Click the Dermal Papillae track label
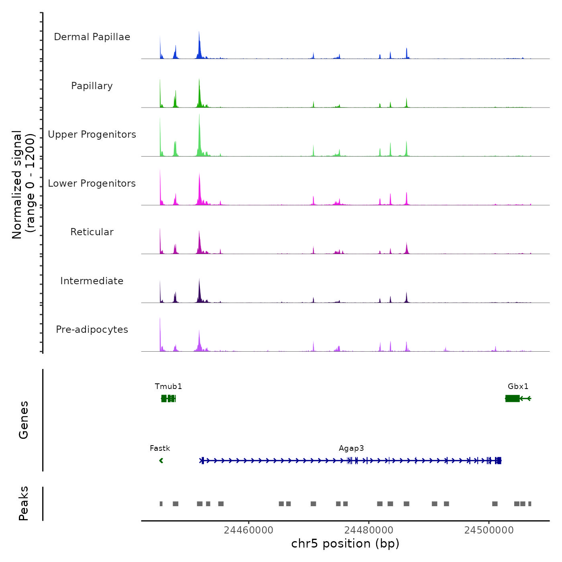point(92,37)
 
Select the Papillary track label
point(92,86)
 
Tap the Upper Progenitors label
point(92,134)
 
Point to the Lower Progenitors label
point(92,183)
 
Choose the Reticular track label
point(92,232)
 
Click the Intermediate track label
point(92,281)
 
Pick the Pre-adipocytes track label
point(92,330)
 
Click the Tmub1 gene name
point(169,387)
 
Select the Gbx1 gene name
point(518,387)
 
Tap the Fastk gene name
point(160,448)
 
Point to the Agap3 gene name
point(351,448)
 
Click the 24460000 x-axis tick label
point(248,530)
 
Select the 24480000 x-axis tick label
point(369,530)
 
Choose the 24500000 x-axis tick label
point(489,530)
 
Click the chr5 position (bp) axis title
point(345,544)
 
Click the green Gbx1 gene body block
point(512,398)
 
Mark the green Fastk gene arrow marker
point(161,460)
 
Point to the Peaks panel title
point(24,503)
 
